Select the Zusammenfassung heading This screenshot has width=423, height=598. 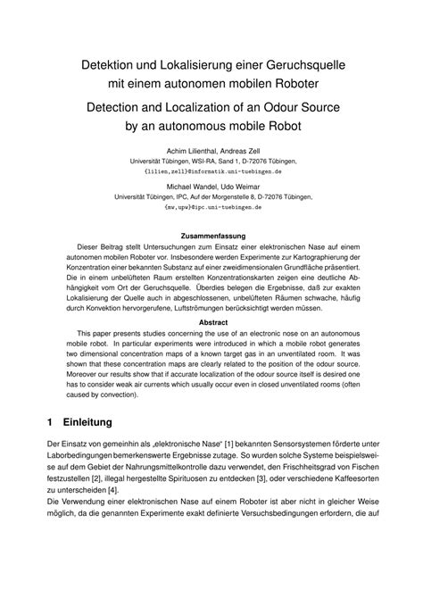(x=211, y=237)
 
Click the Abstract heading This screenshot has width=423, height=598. (x=211, y=323)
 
